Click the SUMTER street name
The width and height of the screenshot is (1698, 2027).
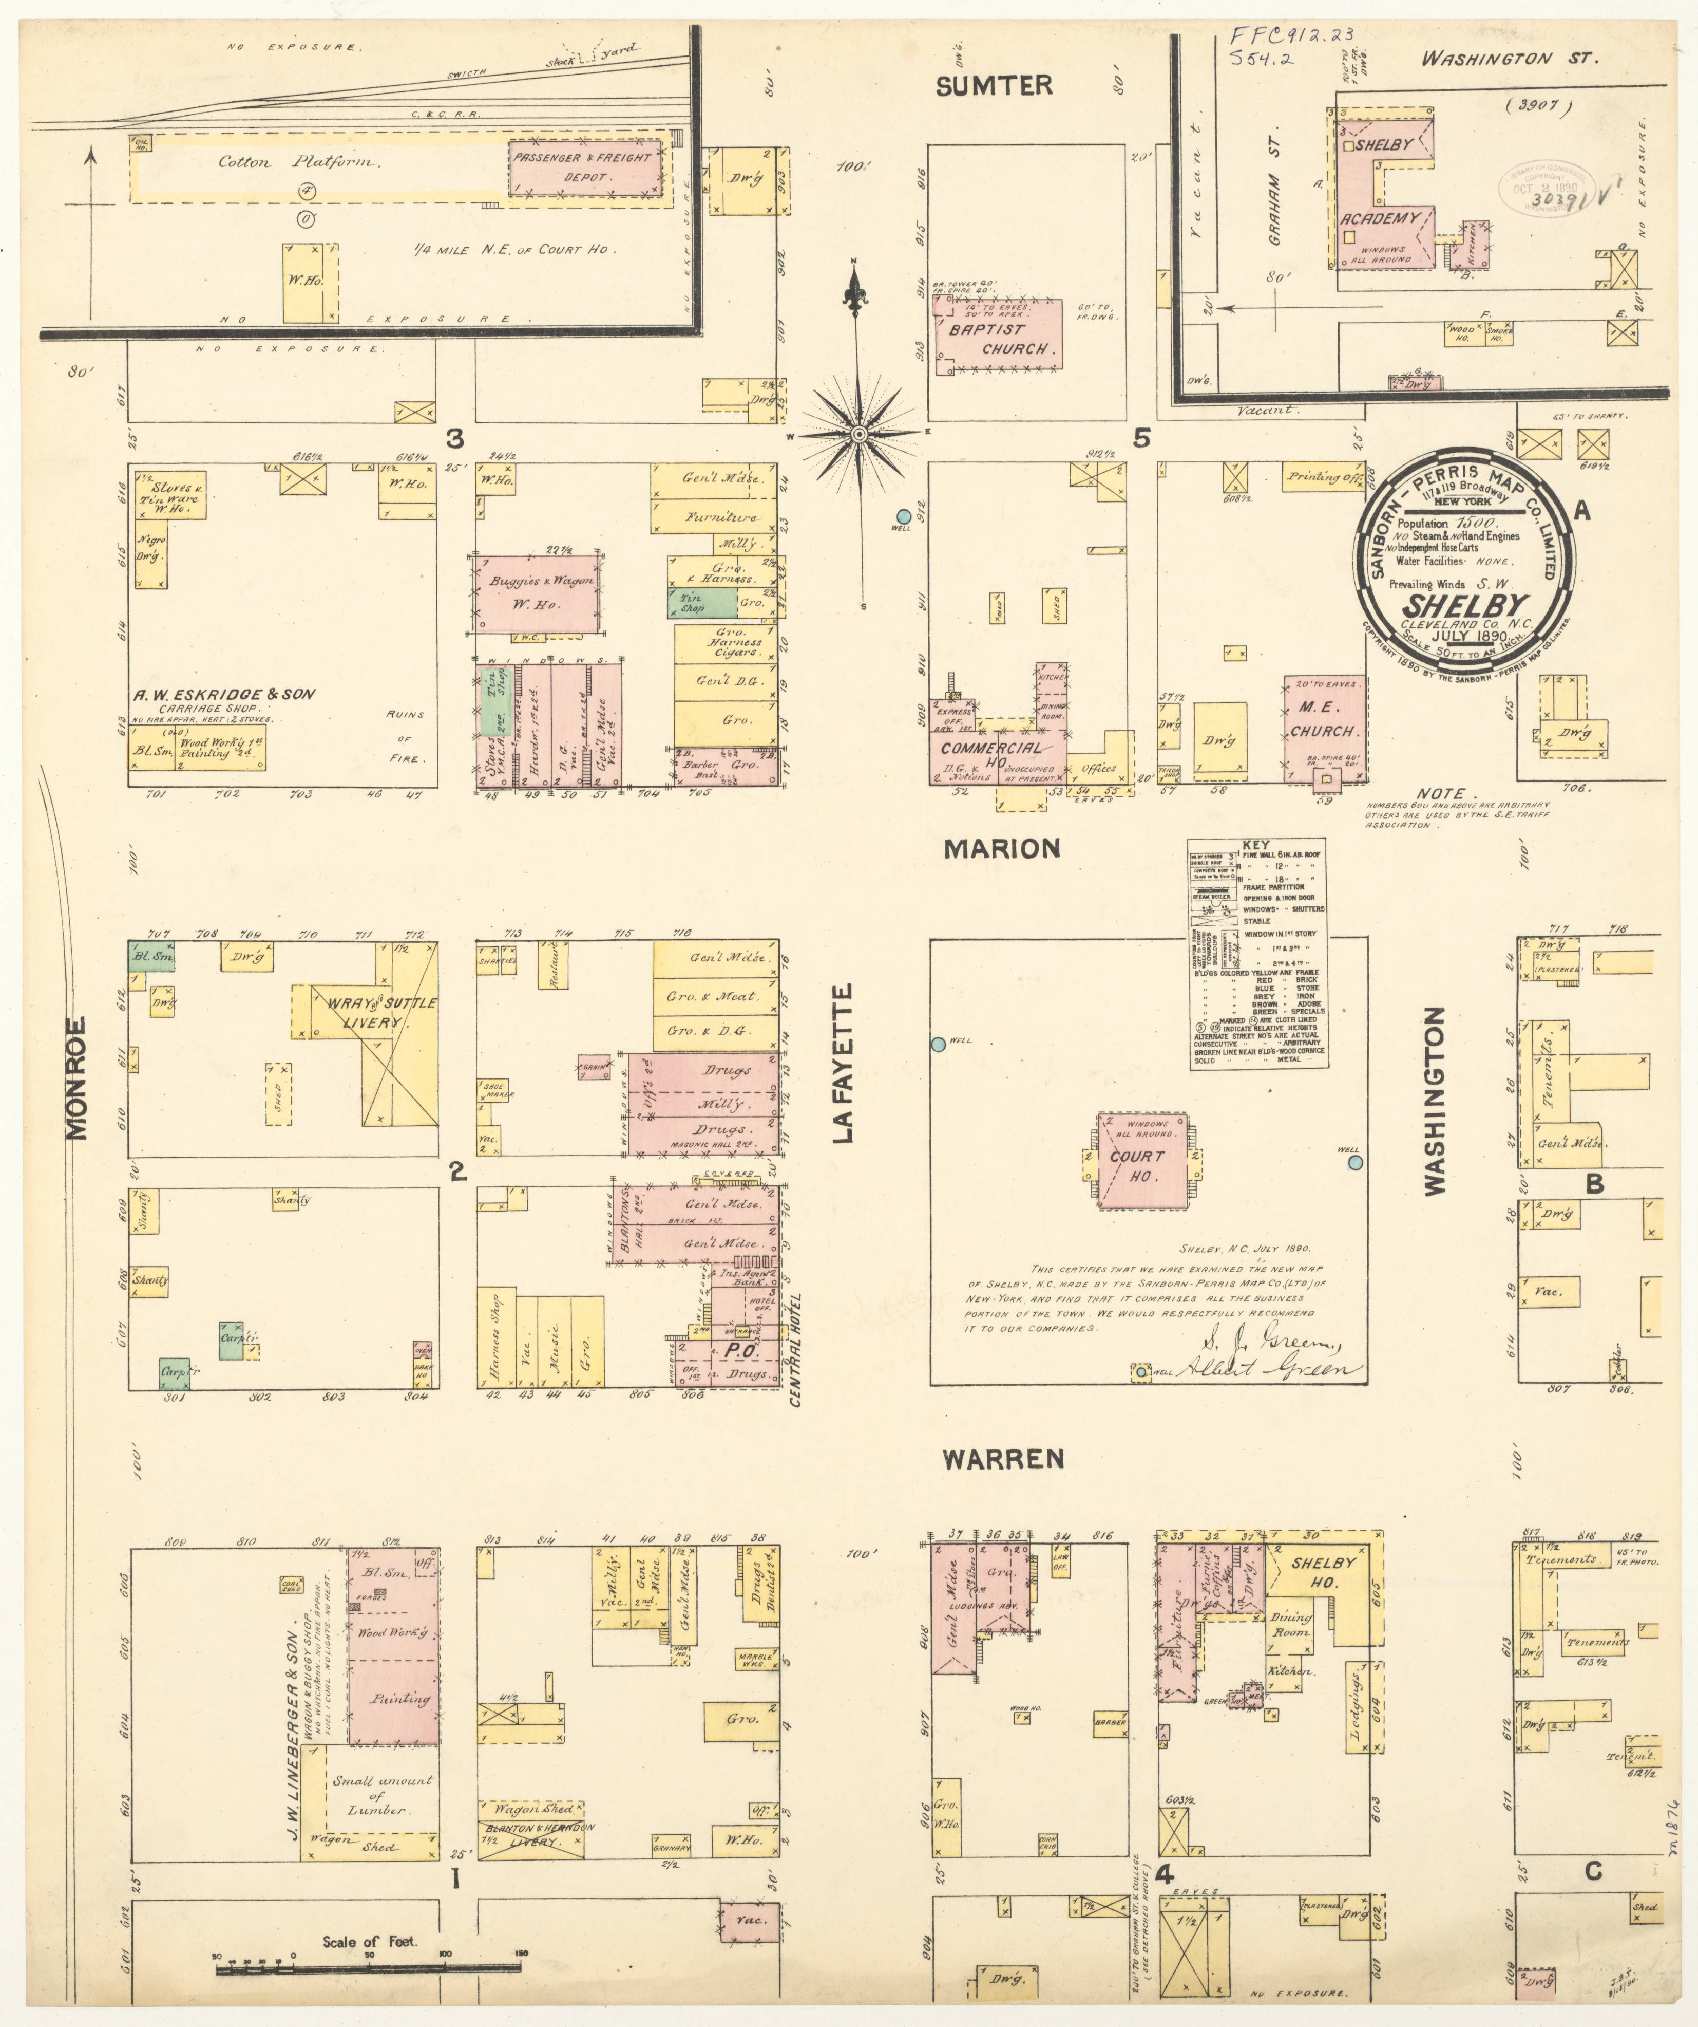[994, 86]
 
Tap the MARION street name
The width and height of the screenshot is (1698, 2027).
[1001, 848]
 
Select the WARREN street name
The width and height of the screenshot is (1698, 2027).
[1003, 1459]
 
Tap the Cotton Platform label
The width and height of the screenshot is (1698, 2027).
[299, 162]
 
